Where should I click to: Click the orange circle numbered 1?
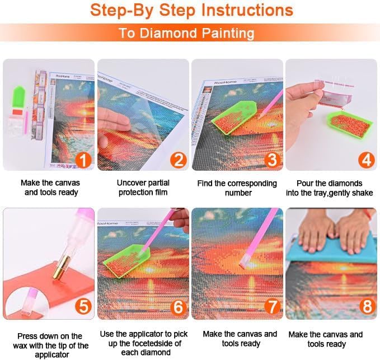tap(82, 161)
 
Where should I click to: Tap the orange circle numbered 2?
tap(177, 161)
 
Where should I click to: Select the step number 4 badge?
tap(365, 161)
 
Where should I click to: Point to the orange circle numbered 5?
tap(82, 307)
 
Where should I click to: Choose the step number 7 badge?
tap(271, 307)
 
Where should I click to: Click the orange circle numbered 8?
tap(365, 307)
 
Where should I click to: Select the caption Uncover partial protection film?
tap(143, 188)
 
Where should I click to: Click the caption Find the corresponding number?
tap(237, 188)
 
